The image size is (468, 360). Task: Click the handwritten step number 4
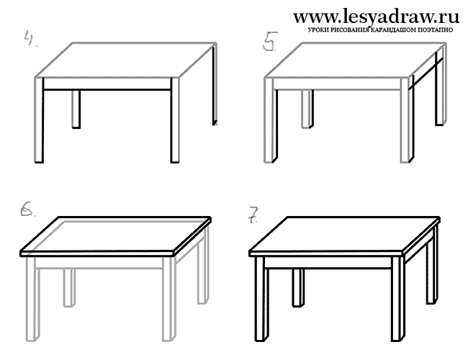click(30, 38)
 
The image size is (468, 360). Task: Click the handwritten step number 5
click(270, 41)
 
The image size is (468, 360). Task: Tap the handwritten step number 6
click(27, 208)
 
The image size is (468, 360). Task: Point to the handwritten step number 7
click(253, 215)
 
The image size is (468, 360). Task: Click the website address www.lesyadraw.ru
click(376, 17)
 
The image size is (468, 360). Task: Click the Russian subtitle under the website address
click(381, 30)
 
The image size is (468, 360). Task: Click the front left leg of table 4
click(39, 120)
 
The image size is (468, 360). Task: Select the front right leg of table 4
click(175, 120)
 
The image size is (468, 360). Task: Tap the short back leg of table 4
click(76, 109)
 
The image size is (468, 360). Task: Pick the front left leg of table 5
click(271, 120)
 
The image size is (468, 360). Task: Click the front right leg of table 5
click(407, 120)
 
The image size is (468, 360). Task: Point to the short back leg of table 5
click(307, 109)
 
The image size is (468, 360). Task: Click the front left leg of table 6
click(32, 299)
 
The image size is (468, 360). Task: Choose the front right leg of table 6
click(168, 299)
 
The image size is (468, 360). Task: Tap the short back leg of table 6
click(69, 288)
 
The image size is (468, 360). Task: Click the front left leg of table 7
click(261, 299)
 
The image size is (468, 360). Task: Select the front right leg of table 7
click(398, 299)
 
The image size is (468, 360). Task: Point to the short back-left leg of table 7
click(298, 288)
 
